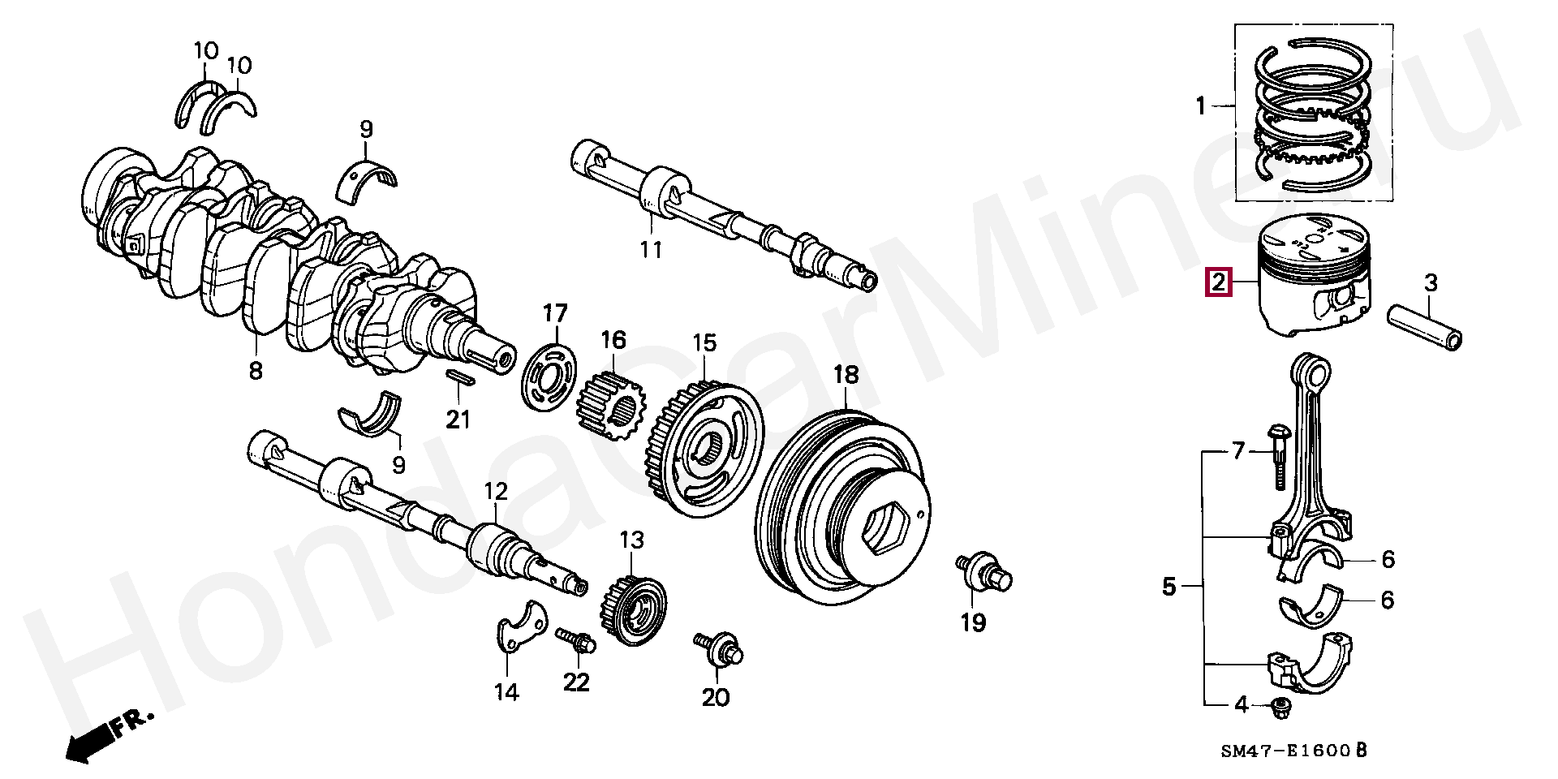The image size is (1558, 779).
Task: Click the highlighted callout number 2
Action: (x=1219, y=283)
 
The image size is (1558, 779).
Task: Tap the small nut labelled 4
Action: (x=1281, y=707)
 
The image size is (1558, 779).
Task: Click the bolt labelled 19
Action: (x=984, y=571)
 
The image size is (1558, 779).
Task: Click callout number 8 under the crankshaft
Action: (x=256, y=371)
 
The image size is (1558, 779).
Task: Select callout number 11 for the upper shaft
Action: (x=651, y=249)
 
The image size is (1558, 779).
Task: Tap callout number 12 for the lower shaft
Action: (x=496, y=491)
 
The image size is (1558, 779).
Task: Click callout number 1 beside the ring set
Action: (x=1201, y=105)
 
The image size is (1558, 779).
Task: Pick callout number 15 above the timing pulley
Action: (x=704, y=343)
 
